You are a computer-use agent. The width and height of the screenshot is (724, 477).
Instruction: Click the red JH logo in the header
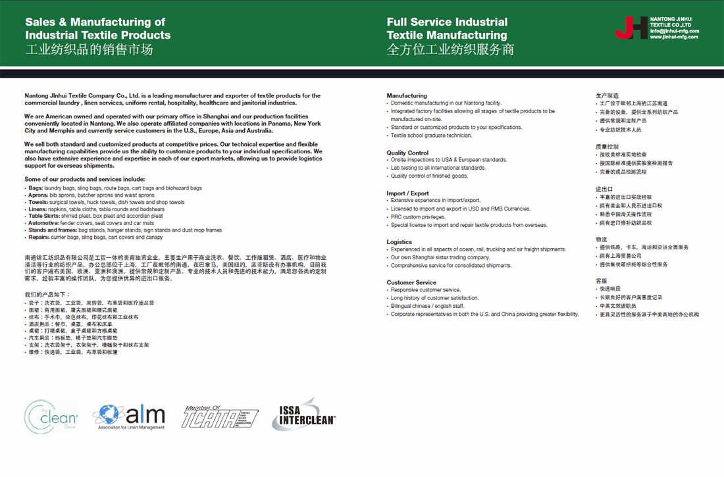click(x=631, y=27)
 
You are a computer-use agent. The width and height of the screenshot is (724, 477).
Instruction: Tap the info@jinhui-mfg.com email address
click(x=674, y=31)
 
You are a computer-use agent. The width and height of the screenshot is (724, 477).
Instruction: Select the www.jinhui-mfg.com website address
click(x=674, y=37)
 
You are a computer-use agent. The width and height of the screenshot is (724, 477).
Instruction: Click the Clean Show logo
click(x=51, y=416)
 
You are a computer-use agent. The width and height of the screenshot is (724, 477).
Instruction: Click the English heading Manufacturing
click(x=407, y=95)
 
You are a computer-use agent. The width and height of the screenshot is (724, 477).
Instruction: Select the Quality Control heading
click(x=407, y=153)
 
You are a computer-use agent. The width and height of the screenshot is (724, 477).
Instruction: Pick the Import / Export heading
click(x=407, y=193)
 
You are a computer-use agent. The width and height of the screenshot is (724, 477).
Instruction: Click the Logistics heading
click(x=399, y=242)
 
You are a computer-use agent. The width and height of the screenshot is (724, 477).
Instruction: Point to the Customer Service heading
click(x=411, y=282)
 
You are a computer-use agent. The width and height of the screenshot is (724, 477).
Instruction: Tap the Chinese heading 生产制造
click(x=607, y=95)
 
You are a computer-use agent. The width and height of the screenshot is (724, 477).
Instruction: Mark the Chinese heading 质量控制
click(x=607, y=147)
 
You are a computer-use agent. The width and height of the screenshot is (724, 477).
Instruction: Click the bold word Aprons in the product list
click(x=37, y=195)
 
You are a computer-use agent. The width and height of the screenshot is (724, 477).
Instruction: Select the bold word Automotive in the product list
click(x=42, y=223)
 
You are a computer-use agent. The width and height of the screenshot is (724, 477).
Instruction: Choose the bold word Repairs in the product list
click(x=38, y=237)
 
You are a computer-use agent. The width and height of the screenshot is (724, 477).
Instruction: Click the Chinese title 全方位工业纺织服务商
click(x=450, y=49)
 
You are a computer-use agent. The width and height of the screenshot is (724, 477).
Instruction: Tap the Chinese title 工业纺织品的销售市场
click(x=89, y=49)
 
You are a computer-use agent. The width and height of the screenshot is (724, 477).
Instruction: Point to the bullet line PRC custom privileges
click(x=418, y=217)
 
